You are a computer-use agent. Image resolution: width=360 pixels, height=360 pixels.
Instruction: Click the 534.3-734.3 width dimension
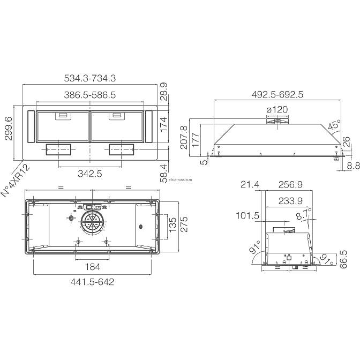90,78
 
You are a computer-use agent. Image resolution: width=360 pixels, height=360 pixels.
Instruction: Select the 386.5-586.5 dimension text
90,95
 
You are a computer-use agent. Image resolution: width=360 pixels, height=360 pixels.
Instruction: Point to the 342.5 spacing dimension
90,174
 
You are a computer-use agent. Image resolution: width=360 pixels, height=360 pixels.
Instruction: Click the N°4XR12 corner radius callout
16,181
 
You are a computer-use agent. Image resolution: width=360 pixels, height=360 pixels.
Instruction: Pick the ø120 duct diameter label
277,109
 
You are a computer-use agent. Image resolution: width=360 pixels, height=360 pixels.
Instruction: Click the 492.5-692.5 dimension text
277,94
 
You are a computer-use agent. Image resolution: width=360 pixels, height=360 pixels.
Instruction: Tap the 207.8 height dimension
184,137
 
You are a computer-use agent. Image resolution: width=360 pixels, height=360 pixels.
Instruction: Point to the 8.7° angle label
304,214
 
